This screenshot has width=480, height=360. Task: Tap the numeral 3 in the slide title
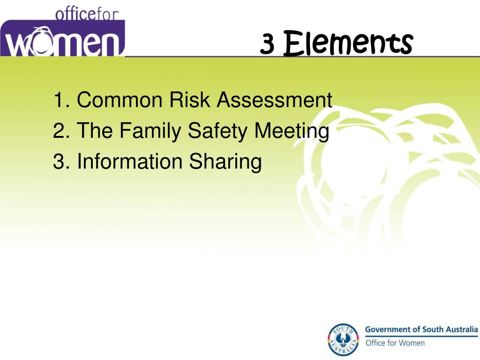[x=267, y=45]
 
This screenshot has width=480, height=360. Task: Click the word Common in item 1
[x=120, y=100]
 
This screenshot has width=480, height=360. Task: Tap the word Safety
[x=218, y=131]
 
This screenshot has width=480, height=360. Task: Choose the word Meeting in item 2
[x=292, y=131]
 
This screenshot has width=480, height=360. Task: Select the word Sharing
[x=225, y=162]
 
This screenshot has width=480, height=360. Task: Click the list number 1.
[x=59, y=100]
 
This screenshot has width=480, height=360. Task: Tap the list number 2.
[x=59, y=131]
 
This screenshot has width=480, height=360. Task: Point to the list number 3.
[x=59, y=161]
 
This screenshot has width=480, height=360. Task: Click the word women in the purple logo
[x=63, y=42]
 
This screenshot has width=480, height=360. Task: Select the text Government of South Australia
[x=421, y=329]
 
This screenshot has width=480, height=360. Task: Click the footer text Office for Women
[x=395, y=343]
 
